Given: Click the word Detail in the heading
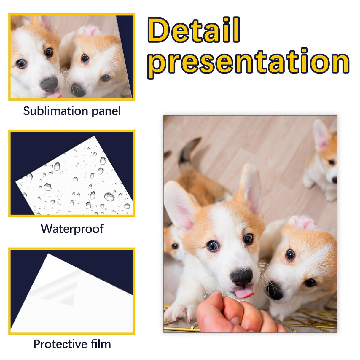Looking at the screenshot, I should pos(194,30).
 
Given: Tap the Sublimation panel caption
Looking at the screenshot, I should pos(72,111).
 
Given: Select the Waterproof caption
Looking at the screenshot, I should pos(72,229).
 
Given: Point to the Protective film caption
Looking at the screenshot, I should pos(72,344).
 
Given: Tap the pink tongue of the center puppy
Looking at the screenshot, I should pos(244,293).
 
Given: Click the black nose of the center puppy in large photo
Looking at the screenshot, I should pos(241,277).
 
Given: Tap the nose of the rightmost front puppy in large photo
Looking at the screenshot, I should pos(275,291).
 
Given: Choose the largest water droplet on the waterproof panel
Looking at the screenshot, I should pos(109,197).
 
